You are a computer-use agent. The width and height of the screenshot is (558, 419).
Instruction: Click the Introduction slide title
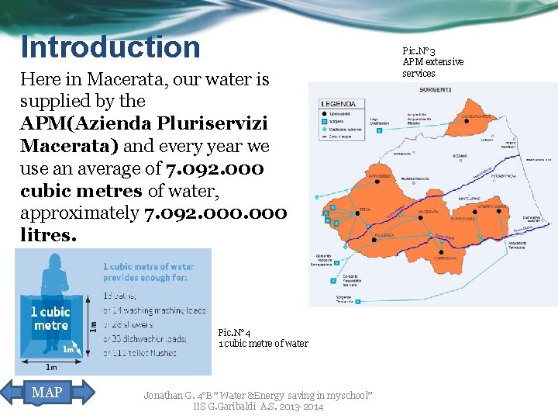(110, 47)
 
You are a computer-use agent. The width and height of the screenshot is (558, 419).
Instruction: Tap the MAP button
(47, 392)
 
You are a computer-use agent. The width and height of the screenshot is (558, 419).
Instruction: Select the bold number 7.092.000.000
(215, 213)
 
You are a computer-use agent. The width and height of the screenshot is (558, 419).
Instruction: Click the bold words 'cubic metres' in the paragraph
(75, 190)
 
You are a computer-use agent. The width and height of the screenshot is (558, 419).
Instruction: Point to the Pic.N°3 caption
(419, 50)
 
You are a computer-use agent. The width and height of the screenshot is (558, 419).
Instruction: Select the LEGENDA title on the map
(339, 103)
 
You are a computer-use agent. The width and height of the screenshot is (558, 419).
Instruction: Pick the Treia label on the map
(364, 210)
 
